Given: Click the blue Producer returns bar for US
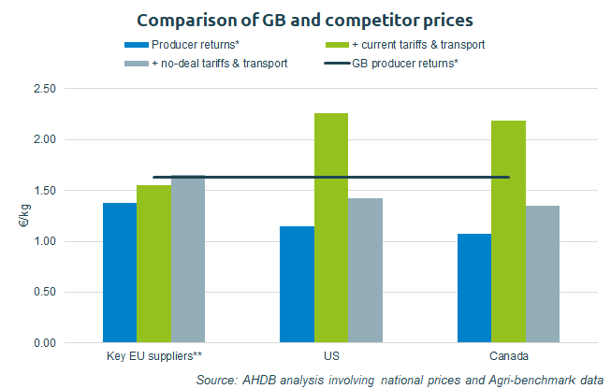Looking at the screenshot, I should point(297,284).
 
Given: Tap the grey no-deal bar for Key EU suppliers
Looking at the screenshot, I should point(187,259).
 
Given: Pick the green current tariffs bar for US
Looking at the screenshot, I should point(330,228).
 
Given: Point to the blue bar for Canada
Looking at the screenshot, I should point(473,288).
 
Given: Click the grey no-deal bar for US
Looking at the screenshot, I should point(365,270).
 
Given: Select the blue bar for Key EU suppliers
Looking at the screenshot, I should point(119,273).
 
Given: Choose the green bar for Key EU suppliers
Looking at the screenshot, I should point(153,264).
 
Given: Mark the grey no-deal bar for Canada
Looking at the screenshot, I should point(542,274).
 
